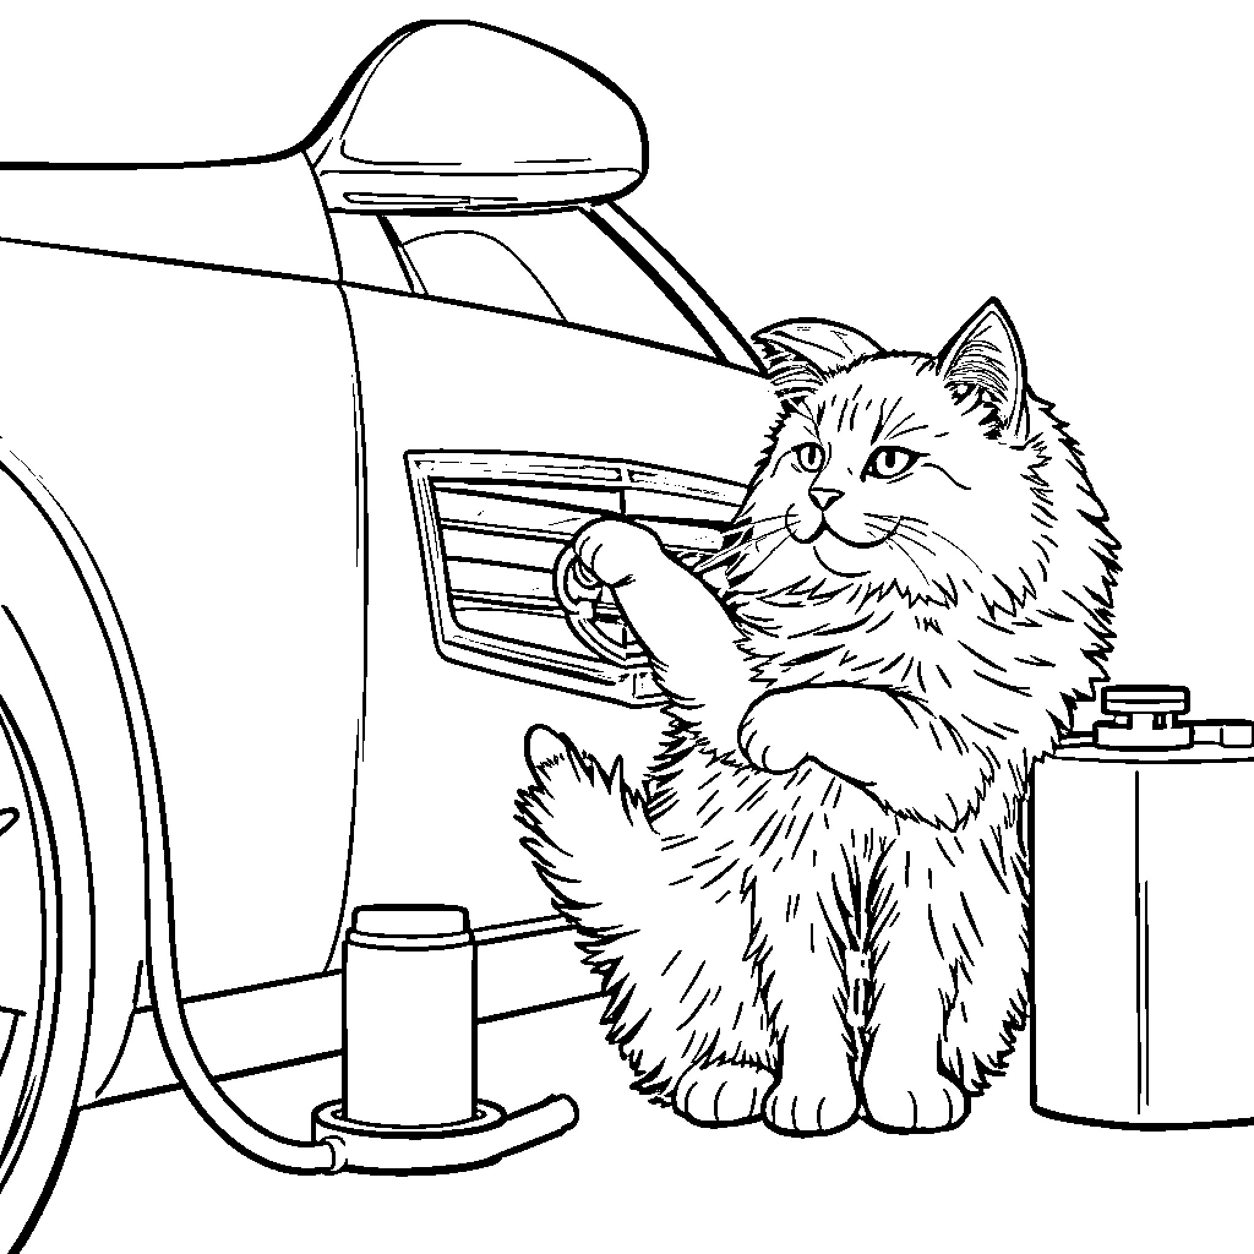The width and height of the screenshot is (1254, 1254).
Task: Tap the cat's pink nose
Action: [826, 498]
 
